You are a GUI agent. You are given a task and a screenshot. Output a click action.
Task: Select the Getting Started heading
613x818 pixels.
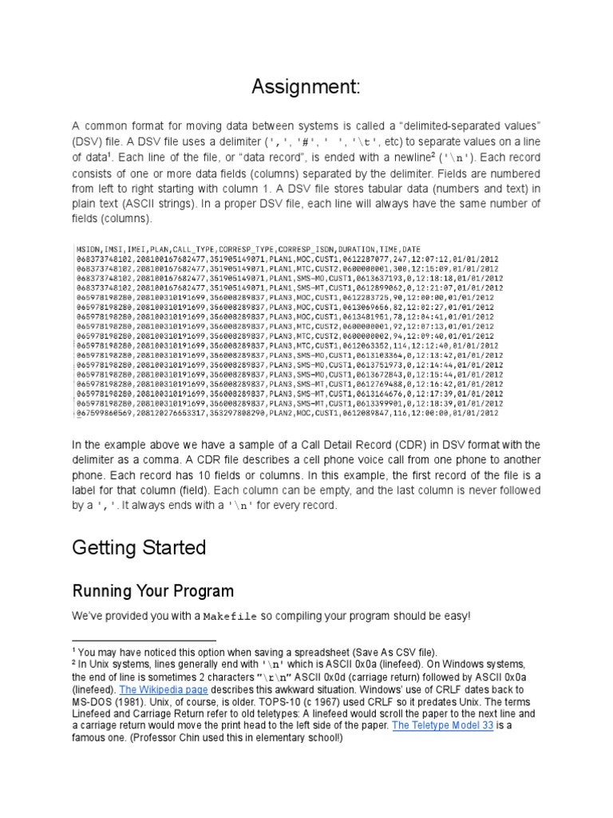pyautogui.click(x=139, y=547)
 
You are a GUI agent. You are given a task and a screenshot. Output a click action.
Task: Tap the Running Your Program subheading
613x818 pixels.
pyautogui.click(x=153, y=591)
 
